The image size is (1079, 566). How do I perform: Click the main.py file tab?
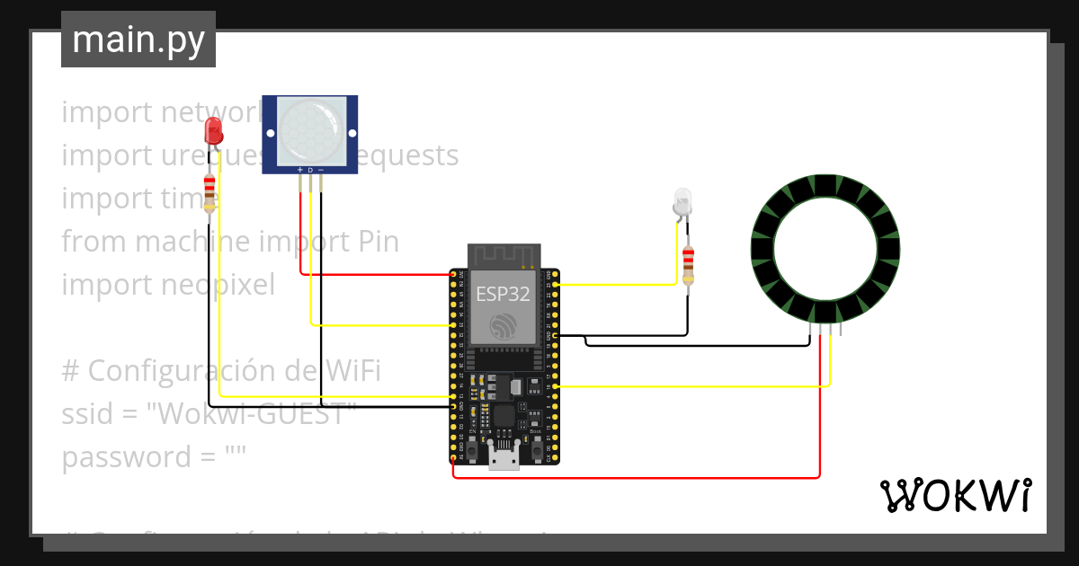click(138, 40)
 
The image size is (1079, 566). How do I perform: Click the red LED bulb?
click(214, 131)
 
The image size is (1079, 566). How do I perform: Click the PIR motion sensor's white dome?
click(310, 129)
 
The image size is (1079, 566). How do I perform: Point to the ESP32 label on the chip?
click(503, 294)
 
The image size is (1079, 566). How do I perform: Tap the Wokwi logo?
click(955, 496)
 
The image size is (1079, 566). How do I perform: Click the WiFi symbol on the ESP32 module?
click(503, 326)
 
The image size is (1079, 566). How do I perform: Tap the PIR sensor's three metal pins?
click(310, 182)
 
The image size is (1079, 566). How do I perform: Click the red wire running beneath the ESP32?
click(629, 477)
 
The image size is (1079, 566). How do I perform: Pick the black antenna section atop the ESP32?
click(503, 255)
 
